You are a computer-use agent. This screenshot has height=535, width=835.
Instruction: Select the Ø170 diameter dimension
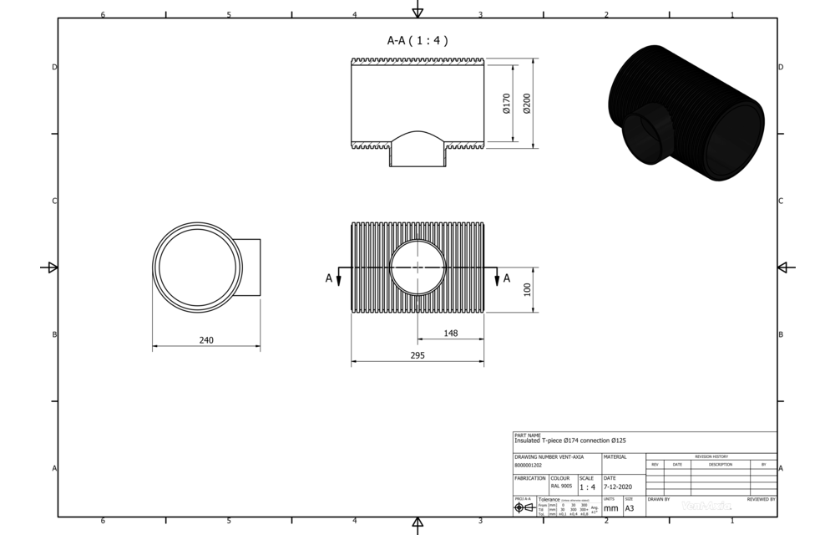[x=507, y=104]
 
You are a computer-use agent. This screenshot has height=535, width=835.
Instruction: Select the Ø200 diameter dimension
[x=526, y=104]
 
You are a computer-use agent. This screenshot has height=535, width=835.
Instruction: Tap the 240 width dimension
[x=207, y=340]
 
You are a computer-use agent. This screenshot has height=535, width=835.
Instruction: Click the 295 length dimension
[x=417, y=356]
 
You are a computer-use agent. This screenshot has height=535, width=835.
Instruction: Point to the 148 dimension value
[x=451, y=334]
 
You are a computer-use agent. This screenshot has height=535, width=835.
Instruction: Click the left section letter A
[x=329, y=278]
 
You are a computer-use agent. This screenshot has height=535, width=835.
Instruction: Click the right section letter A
[x=506, y=278]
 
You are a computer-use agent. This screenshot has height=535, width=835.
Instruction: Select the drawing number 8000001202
[x=529, y=465]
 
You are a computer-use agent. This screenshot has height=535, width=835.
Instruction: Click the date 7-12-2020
[x=618, y=487]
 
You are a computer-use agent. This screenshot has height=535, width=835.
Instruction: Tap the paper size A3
[x=630, y=507]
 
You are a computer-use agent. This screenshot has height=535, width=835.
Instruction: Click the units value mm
[x=610, y=507]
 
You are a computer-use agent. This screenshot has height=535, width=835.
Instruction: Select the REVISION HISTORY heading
[x=711, y=456]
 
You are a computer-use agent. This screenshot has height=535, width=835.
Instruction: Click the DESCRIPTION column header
[x=720, y=464]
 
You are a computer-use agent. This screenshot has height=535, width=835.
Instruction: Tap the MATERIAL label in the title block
[x=615, y=457]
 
